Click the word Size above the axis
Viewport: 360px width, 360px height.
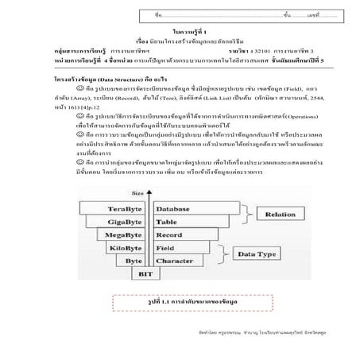pyautogui.click(x=137, y=192)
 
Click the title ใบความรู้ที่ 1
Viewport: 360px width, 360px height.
pyautogui.click(x=179, y=29)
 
